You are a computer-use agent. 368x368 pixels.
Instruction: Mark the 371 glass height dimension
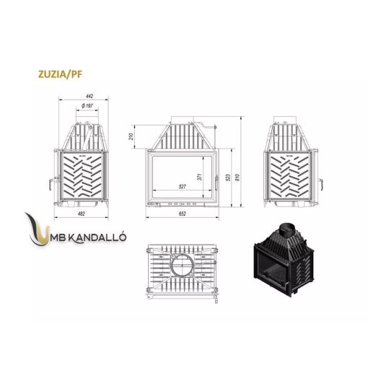[x=198, y=176]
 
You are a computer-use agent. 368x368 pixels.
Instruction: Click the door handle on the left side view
[x=50, y=180]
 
